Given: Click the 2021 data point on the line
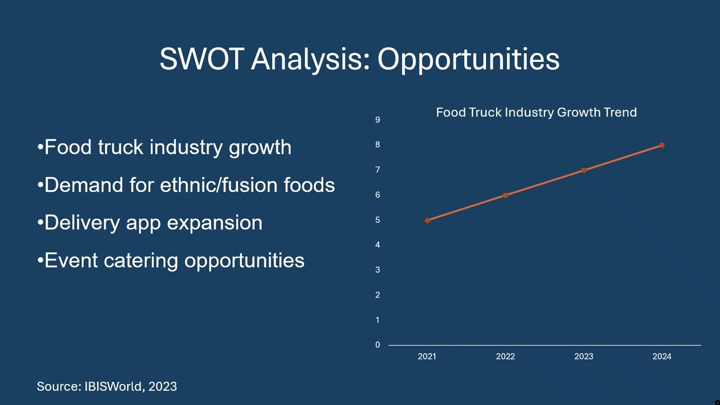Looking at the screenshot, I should (427, 220).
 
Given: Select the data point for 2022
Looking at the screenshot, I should (506, 195).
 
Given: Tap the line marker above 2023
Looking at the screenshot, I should (584, 170).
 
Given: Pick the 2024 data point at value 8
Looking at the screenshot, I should (662, 145).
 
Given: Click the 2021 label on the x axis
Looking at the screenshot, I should (427, 356).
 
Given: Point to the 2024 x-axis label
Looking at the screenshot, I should (661, 356).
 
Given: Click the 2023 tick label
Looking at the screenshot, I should (583, 356).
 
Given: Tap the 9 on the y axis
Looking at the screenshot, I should (378, 120).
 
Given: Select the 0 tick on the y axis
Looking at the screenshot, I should (378, 345).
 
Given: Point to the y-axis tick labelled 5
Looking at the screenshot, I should (378, 220).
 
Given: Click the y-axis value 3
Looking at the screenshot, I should (378, 270).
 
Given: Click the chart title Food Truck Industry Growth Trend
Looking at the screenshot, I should (536, 112).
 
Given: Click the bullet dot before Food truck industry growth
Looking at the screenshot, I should (40, 148).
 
